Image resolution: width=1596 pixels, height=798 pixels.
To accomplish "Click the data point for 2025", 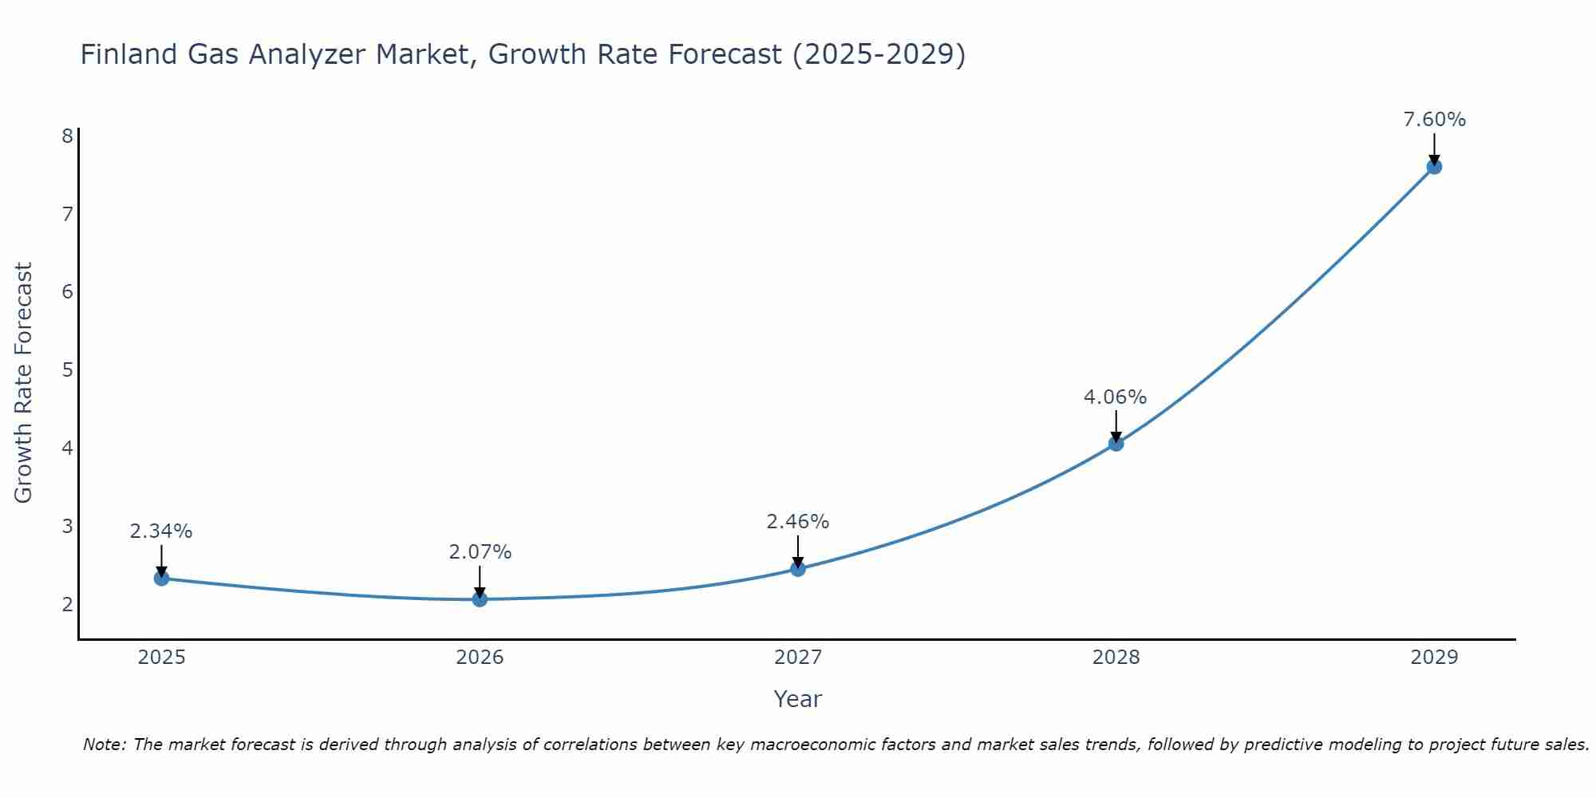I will (x=161, y=579).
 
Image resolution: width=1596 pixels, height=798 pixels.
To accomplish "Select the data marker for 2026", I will (x=480, y=599).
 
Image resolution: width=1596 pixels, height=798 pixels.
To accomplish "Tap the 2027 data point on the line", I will (x=798, y=569).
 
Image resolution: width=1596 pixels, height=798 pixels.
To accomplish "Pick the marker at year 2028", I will (x=1116, y=444).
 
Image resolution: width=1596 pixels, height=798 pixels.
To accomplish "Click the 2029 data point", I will (x=1434, y=167).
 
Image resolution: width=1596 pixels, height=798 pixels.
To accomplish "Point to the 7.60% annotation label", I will (x=1434, y=120).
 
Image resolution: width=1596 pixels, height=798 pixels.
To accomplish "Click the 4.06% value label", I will (x=1115, y=397).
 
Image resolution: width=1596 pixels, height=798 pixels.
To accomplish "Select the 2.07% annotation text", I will (x=480, y=551).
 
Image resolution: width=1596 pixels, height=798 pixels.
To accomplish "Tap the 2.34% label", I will (x=161, y=531).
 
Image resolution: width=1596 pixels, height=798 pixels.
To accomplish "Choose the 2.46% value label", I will (x=798, y=522).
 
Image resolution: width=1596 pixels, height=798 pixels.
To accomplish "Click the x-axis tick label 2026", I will (x=480, y=658).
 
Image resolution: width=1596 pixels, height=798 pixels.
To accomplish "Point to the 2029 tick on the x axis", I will (x=1434, y=658).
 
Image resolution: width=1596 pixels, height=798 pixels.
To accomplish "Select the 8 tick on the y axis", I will (x=67, y=136).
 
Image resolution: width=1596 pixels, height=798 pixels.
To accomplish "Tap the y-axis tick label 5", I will (x=67, y=369).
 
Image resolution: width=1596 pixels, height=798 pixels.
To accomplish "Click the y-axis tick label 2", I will (x=67, y=604).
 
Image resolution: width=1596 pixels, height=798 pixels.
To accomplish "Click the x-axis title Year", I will (x=797, y=699).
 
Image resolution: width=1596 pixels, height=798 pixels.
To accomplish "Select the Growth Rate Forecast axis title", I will (x=24, y=383).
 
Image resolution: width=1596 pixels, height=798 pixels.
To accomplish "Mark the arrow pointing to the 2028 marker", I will (x=1116, y=426).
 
